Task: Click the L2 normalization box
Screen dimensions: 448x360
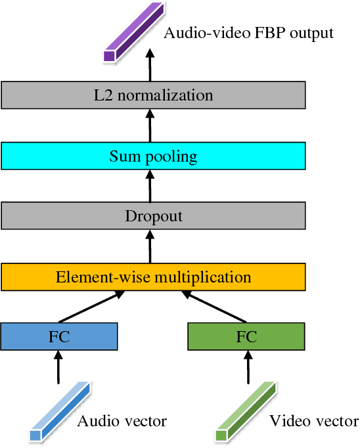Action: click(x=153, y=95)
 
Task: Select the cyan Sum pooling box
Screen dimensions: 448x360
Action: click(x=153, y=156)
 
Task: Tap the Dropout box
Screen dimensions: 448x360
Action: click(x=153, y=215)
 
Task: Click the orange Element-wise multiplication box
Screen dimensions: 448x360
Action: click(x=153, y=277)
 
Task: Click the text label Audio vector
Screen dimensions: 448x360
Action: click(x=122, y=421)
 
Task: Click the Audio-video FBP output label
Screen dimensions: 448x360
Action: click(x=248, y=32)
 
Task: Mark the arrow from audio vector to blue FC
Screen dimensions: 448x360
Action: click(x=59, y=367)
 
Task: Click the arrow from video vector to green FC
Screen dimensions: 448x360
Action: click(x=247, y=367)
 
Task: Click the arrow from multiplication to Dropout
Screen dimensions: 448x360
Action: click(x=150, y=246)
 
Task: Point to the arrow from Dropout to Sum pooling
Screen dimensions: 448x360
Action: click(x=150, y=185)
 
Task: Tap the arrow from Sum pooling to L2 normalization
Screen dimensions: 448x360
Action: click(x=150, y=125)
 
